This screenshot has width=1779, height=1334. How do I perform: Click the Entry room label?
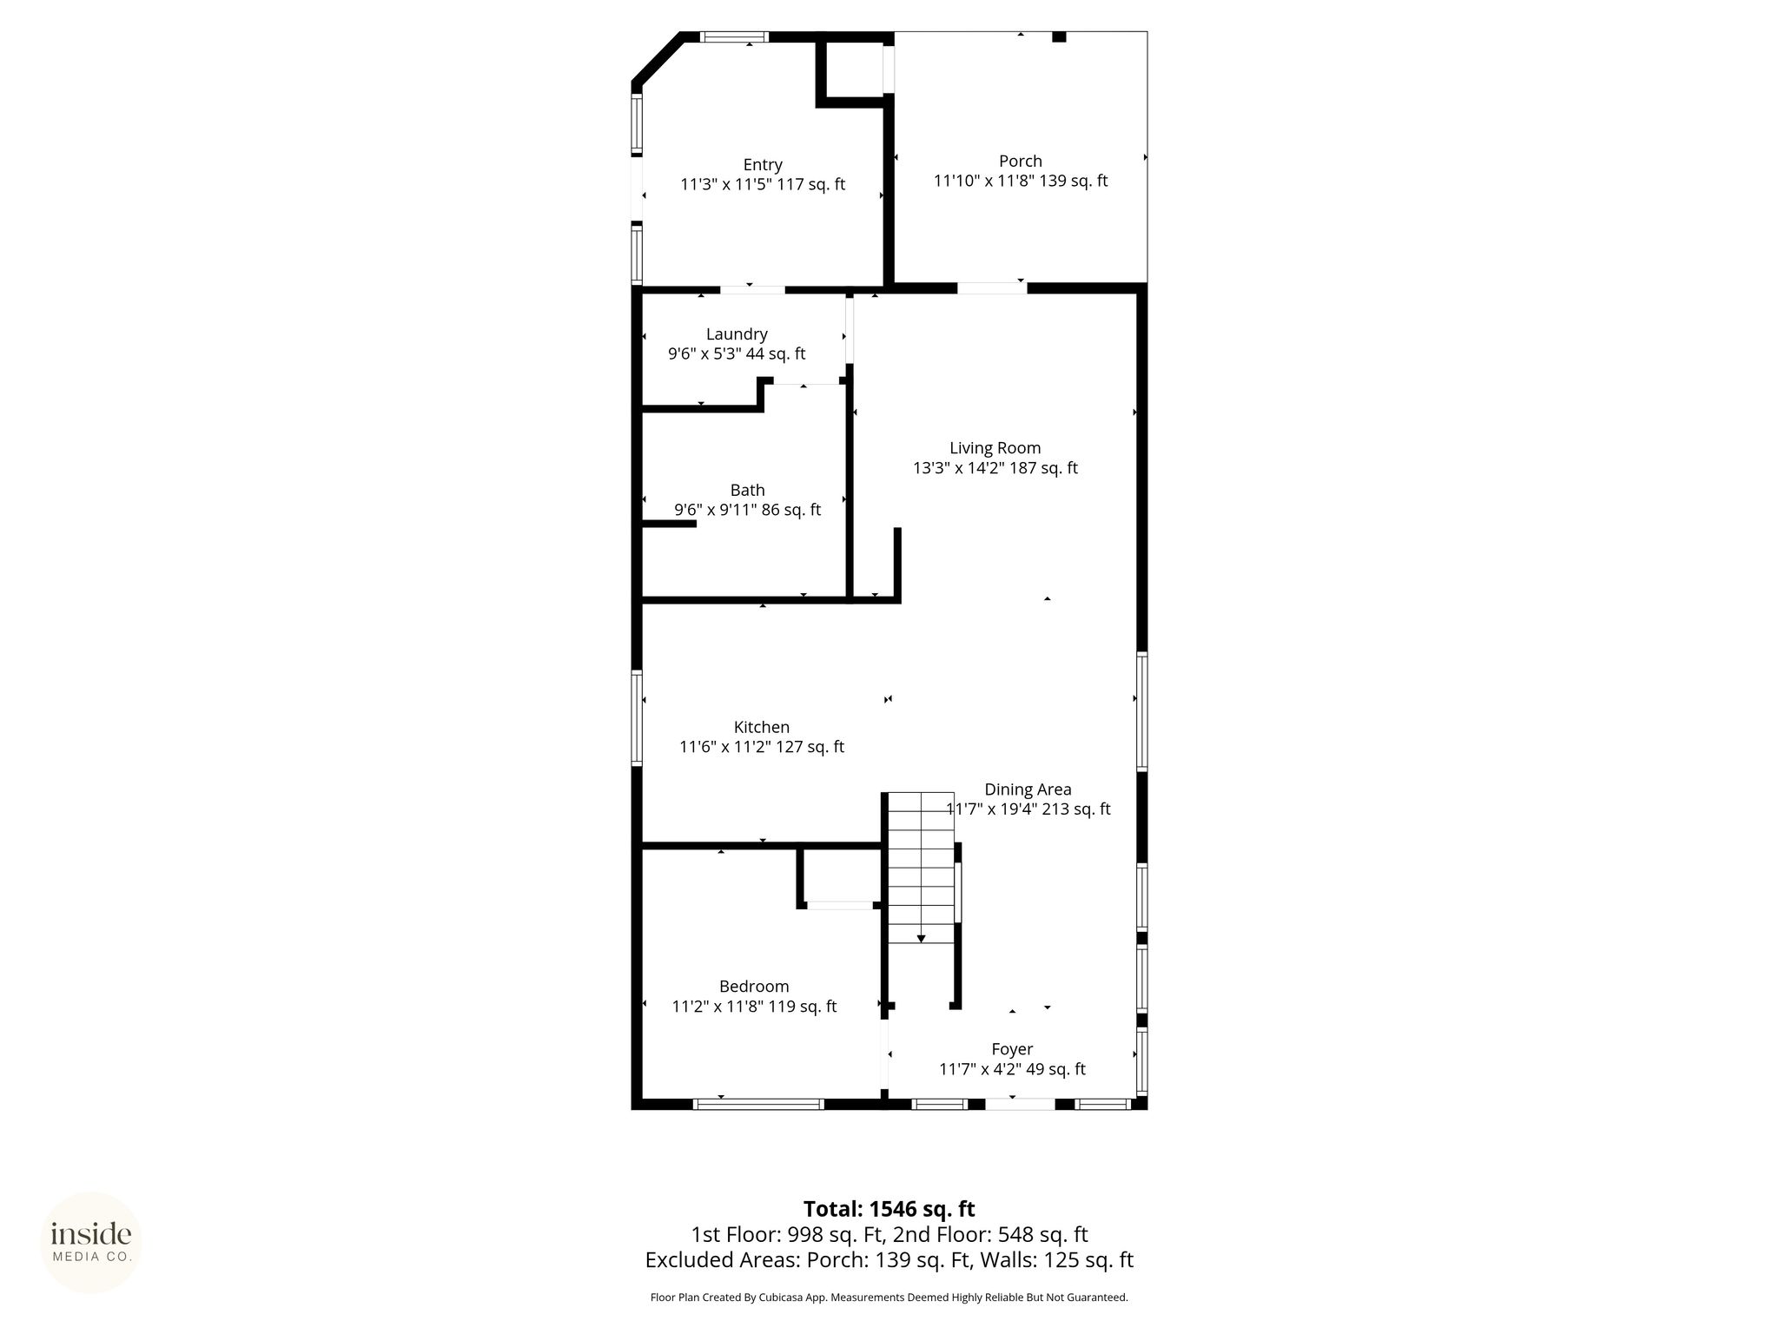(763, 165)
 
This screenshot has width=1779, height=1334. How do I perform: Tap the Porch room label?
(1021, 162)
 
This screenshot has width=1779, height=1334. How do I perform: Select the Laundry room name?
(737, 334)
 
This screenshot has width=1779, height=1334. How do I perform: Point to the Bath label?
(747, 491)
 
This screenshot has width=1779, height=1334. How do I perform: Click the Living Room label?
(995, 448)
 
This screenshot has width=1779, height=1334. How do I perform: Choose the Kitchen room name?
(762, 728)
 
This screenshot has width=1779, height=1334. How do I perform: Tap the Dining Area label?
(1028, 789)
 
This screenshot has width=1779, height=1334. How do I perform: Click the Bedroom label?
(754, 987)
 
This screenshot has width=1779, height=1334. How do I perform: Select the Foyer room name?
(1012, 1049)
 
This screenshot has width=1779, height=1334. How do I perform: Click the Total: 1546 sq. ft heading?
(889, 1209)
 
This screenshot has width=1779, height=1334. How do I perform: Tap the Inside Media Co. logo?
(91, 1242)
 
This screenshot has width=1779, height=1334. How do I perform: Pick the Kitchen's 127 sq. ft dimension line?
(762, 747)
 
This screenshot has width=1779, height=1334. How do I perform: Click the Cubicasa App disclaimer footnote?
(889, 1298)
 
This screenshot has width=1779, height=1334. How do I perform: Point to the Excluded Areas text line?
(889, 1260)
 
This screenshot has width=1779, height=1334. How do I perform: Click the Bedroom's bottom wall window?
(758, 1104)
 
